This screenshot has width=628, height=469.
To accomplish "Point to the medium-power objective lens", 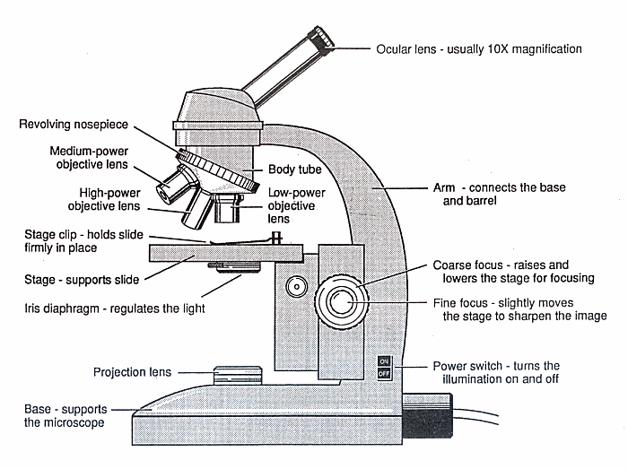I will (172, 187).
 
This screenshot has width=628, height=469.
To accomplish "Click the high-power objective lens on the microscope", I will (198, 210).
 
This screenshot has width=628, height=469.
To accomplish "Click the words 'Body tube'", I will (294, 169).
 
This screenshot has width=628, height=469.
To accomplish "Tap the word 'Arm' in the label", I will (432, 188).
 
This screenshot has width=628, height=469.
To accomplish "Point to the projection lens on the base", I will (237, 372).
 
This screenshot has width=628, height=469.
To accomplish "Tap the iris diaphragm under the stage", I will (235, 266).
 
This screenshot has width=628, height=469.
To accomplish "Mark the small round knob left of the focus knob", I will (294, 287).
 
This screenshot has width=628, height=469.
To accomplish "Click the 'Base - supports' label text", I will (65, 409).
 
